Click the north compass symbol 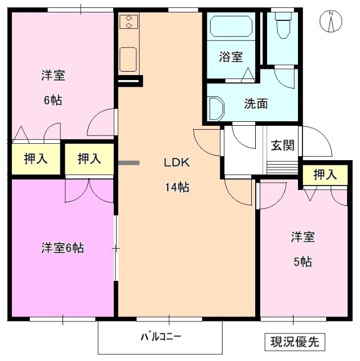click(x=331, y=21)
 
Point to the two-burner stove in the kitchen click(x=130, y=23)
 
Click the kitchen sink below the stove click(x=129, y=58)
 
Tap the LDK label click(x=176, y=163)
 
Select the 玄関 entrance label click(x=282, y=144)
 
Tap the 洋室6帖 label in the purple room click(x=62, y=248)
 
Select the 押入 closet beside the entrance click(x=325, y=175)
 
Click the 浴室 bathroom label click(x=230, y=57)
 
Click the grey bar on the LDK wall click(x=129, y=163)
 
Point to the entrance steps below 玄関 click(x=281, y=168)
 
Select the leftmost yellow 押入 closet click(x=35, y=159)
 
